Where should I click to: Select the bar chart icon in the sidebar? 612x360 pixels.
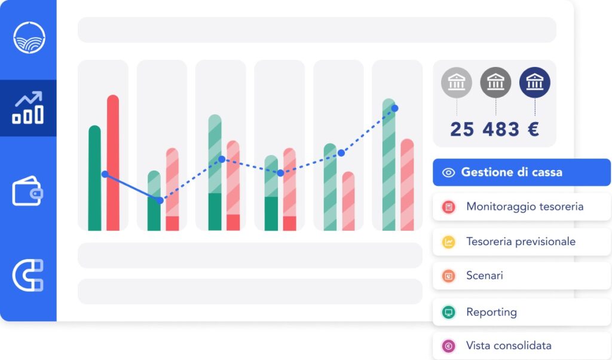(28, 108)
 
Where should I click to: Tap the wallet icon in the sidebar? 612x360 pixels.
(27, 191)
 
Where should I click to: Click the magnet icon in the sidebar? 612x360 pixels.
(28, 275)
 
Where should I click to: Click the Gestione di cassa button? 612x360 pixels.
(521, 172)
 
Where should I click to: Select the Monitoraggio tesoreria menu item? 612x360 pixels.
(521, 207)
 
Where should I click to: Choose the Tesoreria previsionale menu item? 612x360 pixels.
(521, 242)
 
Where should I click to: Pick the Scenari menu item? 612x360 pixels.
(521, 276)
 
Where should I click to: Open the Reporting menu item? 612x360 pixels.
(521, 312)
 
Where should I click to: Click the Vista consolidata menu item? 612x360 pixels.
(521, 346)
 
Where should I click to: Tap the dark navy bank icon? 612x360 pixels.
(535, 83)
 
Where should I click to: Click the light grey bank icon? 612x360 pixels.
(457, 83)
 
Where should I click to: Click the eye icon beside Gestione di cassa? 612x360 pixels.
(448, 173)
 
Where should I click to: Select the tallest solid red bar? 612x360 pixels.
(113, 163)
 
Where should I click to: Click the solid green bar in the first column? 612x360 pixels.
(94, 178)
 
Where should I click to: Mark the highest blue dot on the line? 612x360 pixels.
(394, 108)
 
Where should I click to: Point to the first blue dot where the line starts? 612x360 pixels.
(105, 174)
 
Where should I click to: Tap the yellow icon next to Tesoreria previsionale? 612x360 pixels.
(448, 242)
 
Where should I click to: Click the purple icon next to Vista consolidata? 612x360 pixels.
(448, 346)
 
